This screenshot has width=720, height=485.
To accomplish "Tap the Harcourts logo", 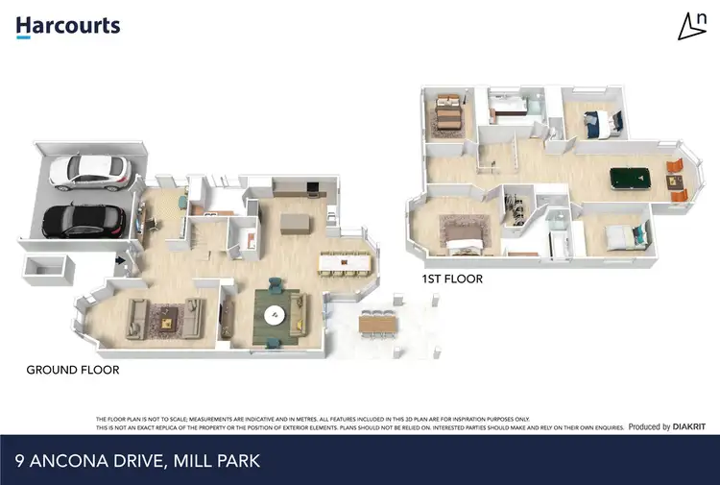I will click(67, 26).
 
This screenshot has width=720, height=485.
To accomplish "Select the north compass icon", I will click(689, 27).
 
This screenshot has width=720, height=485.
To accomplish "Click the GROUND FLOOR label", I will click(72, 370).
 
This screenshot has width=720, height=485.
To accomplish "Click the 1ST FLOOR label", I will click(452, 279).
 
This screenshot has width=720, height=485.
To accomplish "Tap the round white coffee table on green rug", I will click(276, 314).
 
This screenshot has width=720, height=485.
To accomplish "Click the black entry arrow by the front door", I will click(119, 259).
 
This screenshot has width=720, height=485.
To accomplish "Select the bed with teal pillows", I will click(620, 234).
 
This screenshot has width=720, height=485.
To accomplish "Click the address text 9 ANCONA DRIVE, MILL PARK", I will click(137, 462).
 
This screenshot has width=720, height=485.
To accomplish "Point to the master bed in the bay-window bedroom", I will click(465, 230).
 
